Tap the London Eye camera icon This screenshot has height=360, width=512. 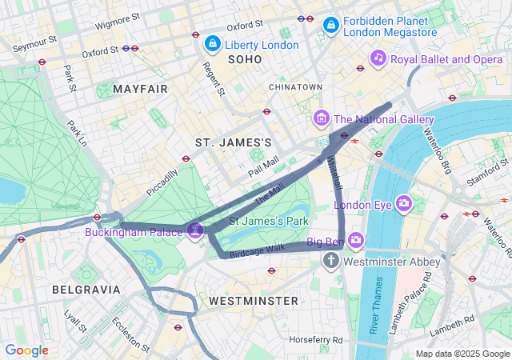click(404, 204)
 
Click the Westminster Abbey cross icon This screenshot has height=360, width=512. click(331, 261)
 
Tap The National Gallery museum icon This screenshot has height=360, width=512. click(322, 119)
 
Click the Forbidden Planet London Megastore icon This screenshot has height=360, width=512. click(330, 26)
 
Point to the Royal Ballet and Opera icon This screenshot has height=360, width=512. click(378, 58)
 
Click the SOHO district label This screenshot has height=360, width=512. click(245, 60)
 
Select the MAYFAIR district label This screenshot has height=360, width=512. click(141, 88)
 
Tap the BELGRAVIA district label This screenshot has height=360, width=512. click(86, 289)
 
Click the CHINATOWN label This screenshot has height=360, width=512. click(295, 86)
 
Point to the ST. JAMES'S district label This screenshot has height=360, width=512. click(234, 142)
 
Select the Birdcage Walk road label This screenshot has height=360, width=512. click(257, 248)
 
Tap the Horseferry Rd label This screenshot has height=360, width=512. click(317, 339)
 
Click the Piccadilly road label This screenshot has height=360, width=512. click(162, 183)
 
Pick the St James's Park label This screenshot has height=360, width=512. click(269, 220)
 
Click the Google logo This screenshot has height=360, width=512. click(26, 350)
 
